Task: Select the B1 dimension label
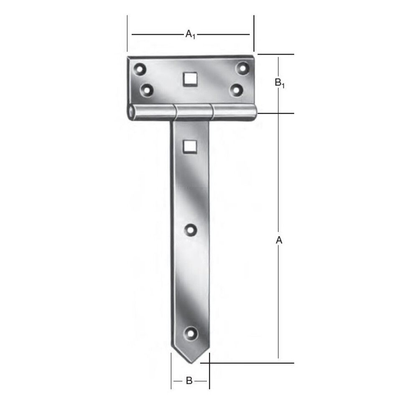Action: point(280,83)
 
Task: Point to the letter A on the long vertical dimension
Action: point(279,240)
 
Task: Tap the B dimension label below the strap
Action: point(189,381)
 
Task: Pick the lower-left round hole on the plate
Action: point(146,89)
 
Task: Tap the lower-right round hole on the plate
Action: point(237,89)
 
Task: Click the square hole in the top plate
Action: point(190,79)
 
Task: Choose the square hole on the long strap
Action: point(190,145)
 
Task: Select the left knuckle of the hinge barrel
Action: point(152,113)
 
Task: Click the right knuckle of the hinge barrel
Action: point(234,112)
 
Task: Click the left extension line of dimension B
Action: point(171,372)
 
